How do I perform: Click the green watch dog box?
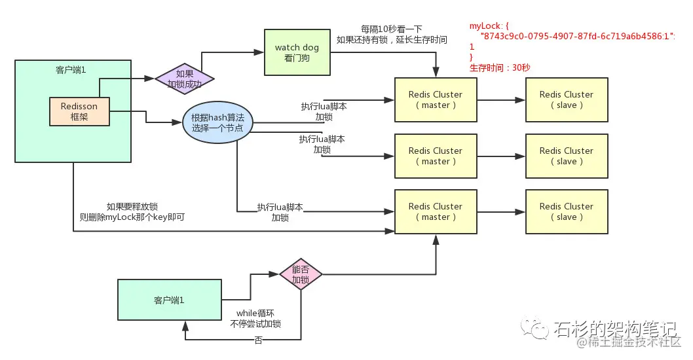pos(296,52)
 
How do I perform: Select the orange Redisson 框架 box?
pos(79,111)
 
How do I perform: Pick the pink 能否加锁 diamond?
pos(301,275)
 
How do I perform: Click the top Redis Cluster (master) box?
pos(436,99)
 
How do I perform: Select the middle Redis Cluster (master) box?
pos(436,156)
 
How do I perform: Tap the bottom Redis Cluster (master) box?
pos(436,211)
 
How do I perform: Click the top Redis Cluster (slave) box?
pos(567,99)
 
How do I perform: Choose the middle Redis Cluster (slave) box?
pos(567,156)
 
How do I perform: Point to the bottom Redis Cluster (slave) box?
pos(567,211)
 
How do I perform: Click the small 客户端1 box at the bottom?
pos(169,300)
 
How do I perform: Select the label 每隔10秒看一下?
pos(391,29)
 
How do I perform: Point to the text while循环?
pos(255,313)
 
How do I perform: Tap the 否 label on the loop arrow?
pos(258,340)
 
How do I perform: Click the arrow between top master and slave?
pos(500,100)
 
